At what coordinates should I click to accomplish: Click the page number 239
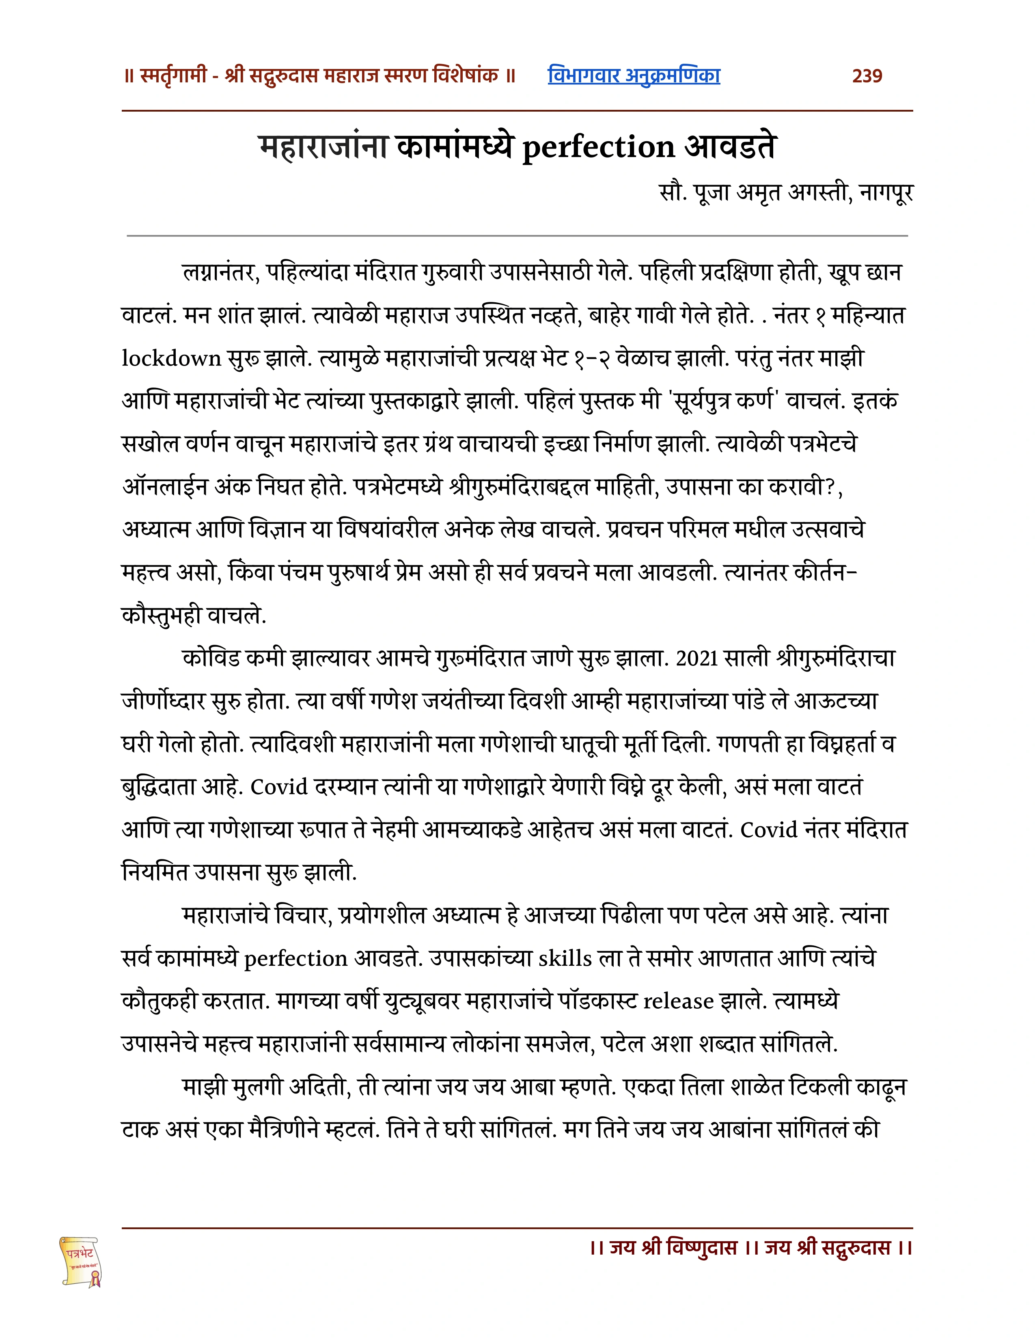(867, 76)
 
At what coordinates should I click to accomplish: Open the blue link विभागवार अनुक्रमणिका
(634, 75)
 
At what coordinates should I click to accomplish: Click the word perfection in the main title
(598, 148)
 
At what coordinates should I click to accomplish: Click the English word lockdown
(171, 358)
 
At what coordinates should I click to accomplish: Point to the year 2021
(696, 659)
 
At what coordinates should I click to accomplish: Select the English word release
(678, 1001)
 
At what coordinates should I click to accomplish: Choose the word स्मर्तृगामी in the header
(174, 76)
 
